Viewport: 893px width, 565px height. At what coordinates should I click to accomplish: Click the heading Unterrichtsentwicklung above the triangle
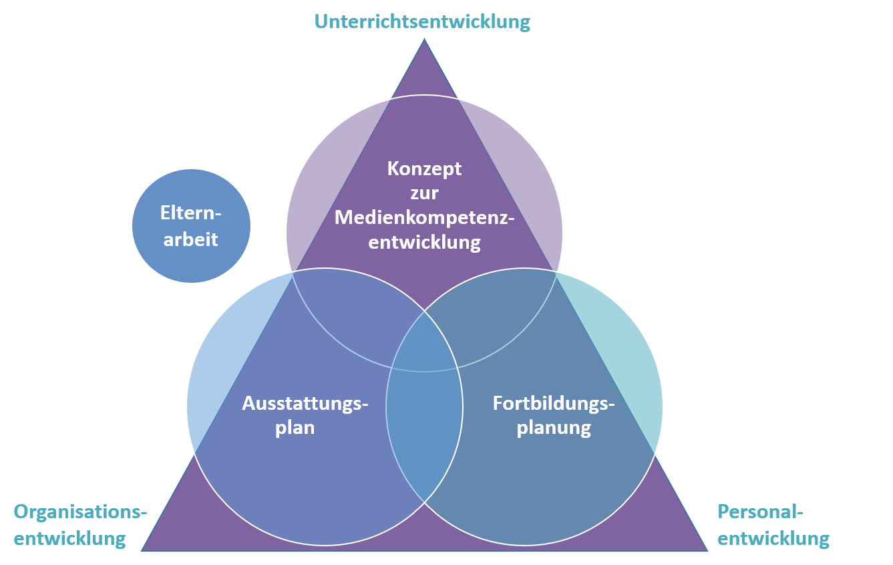422,21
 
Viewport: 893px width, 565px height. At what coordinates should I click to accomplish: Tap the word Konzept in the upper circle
424,168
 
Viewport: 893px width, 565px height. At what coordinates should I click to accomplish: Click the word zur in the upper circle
424,193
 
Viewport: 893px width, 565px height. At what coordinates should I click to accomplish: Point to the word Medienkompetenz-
424,217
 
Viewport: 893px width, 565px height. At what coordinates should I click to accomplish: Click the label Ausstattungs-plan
305,415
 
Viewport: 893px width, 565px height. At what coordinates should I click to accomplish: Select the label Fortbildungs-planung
554,415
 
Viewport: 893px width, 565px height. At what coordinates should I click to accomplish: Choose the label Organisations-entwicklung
80,525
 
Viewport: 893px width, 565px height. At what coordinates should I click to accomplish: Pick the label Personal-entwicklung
773,525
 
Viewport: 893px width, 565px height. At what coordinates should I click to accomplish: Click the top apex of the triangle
424,41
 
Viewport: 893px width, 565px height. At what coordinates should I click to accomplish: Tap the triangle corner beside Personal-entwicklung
705,549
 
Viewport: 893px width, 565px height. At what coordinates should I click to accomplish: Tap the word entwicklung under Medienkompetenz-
424,241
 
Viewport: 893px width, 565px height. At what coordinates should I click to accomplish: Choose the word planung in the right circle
554,427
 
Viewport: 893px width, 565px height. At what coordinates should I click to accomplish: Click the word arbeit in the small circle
191,239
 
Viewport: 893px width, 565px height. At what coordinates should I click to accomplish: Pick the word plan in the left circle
295,427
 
